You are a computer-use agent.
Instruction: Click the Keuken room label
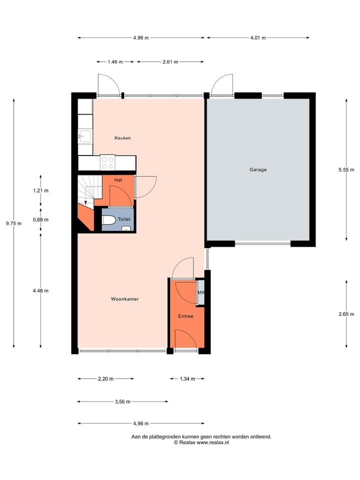[122, 138]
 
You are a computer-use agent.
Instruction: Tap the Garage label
[258, 169]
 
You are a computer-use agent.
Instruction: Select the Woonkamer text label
[124, 299]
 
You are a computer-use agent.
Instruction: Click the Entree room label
[185, 316]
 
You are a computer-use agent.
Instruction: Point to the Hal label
[118, 179]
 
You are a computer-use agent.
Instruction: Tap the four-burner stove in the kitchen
[107, 162]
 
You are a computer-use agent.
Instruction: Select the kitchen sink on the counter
[84, 136]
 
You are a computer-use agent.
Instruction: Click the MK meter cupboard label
[201, 293]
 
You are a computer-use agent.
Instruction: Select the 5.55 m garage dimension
[346, 169]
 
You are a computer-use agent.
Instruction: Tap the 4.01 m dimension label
[258, 37]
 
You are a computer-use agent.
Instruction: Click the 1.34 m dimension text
[187, 379]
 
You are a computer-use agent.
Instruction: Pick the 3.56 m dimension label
[122, 401]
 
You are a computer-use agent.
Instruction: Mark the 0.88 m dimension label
[40, 219]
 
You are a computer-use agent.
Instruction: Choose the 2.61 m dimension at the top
[170, 62]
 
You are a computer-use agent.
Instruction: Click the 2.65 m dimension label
[346, 314]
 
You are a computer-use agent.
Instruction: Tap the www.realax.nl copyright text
[201, 442]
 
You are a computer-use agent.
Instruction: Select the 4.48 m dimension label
[40, 290]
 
